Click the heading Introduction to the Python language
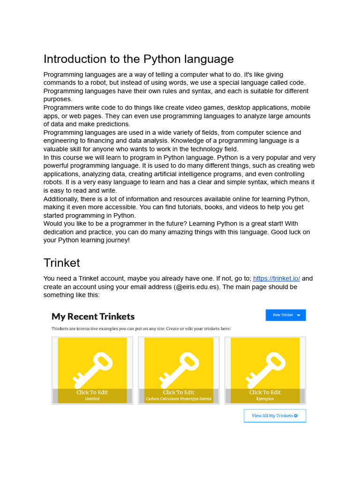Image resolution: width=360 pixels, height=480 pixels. (x=138, y=59)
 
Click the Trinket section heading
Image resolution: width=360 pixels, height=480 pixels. (x=62, y=262)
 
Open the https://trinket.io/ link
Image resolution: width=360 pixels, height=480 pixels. (x=277, y=278)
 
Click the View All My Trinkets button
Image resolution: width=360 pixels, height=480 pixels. (x=274, y=416)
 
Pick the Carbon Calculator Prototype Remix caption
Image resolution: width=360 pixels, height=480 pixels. (x=179, y=399)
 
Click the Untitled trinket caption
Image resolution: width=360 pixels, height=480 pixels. (x=92, y=399)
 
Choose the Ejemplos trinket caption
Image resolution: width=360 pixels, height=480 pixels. (x=265, y=399)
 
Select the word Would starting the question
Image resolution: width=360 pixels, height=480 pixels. (x=53, y=224)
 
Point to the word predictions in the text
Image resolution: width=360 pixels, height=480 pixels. (x=114, y=124)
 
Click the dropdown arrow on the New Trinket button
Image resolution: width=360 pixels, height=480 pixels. (x=299, y=315)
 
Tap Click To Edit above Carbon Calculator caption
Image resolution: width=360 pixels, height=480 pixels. (x=179, y=392)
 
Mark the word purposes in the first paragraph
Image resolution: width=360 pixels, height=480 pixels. (x=58, y=99)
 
